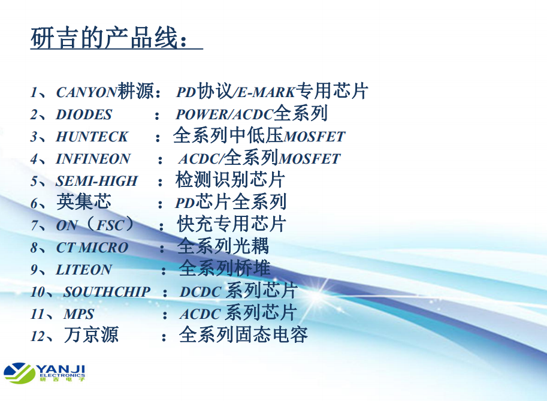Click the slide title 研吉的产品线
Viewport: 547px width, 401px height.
(104, 38)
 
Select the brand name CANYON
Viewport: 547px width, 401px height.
(86, 92)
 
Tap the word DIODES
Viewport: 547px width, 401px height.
(84, 115)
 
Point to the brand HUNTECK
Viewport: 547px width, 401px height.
(92, 137)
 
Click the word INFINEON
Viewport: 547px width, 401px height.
(93, 159)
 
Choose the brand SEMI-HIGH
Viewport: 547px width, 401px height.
(96, 181)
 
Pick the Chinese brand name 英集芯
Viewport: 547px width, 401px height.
(84, 202)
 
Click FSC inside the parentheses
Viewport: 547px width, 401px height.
(110, 225)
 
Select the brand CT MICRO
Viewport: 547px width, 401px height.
(92, 248)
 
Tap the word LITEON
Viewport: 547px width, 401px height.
(84, 270)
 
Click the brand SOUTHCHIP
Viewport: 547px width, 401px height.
(107, 292)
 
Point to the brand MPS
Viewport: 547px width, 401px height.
(78, 314)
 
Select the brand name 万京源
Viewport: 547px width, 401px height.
(91, 334)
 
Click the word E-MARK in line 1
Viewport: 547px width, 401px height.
(266, 92)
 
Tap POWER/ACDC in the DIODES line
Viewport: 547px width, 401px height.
(224, 115)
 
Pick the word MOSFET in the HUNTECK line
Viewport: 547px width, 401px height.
(315, 137)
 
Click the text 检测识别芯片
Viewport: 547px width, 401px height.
(230, 180)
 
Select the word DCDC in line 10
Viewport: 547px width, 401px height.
(201, 292)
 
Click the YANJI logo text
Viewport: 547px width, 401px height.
(61, 369)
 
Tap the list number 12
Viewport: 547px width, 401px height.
(38, 336)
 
